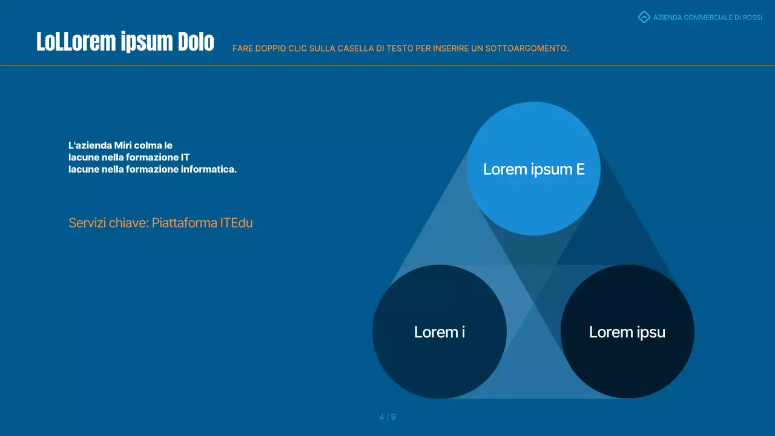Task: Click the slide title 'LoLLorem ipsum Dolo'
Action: tap(125, 42)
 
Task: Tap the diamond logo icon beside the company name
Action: tap(644, 17)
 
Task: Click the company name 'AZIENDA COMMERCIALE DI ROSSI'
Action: tap(707, 18)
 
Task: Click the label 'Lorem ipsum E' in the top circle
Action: tap(533, 169)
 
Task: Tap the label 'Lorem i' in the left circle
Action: tap(440, 332)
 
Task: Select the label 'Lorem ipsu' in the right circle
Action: tap(627, 332)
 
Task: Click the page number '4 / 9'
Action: tap(387, 417)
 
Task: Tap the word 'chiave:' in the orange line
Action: tap(128, 223)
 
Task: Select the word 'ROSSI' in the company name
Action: tap(752, 18)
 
